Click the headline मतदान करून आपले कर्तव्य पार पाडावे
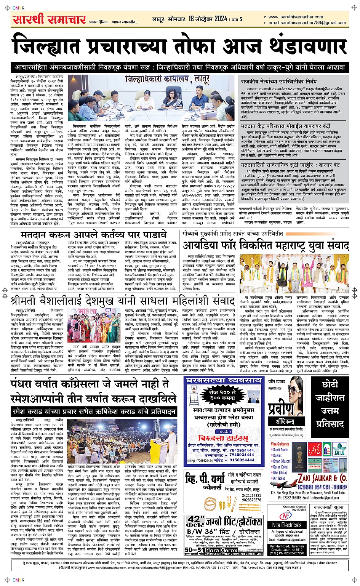click(94, 235)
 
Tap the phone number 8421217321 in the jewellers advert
click(251, 495)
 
